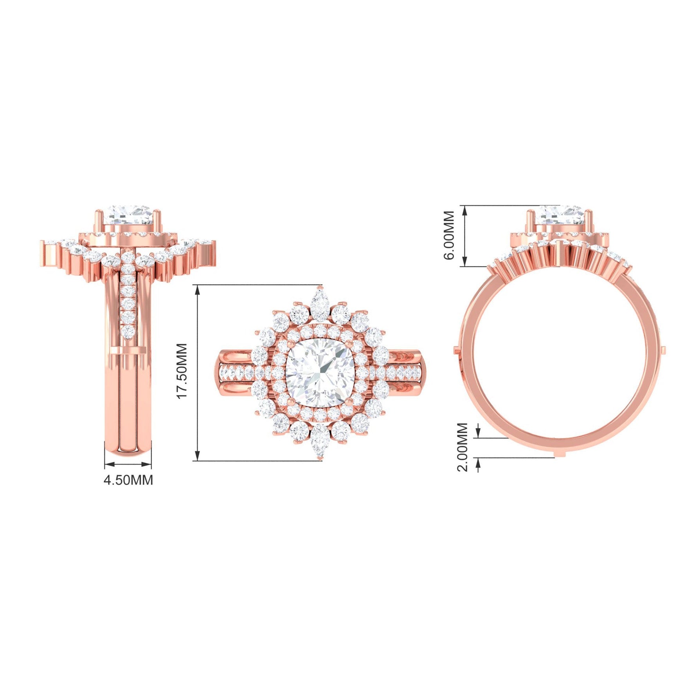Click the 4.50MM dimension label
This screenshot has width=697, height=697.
pyautogui.click(x=128, y=480)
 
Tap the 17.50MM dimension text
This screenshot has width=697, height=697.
pyautogui.click(x=182, y=371)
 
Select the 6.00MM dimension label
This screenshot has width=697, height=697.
pyautogui.click(x=449, y=235)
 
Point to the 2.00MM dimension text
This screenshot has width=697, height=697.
pyautogui.click(x=462, y=447)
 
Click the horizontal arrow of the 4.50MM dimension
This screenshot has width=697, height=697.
pyautogui.click(x=128, y=464)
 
